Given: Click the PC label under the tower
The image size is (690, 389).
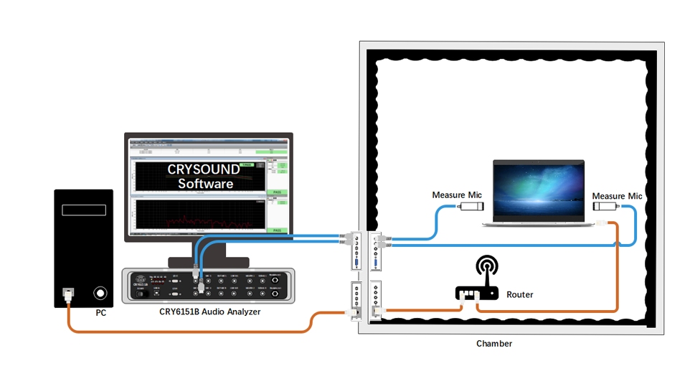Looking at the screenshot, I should point(101,314).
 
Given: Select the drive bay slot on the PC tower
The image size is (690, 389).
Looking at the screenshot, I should point(84,210).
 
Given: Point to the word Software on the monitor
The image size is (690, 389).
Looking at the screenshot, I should point(206,184).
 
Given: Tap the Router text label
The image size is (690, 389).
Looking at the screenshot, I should point(520,294).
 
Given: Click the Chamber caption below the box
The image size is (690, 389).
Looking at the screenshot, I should point(494,344).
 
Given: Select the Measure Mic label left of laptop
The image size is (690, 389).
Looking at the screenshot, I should point(457,195).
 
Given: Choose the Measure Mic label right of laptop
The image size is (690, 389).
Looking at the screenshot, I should point(618,196).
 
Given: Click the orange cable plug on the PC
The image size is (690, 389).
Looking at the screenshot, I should point(68,294).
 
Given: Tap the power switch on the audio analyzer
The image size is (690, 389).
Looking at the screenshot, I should point(142,294).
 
